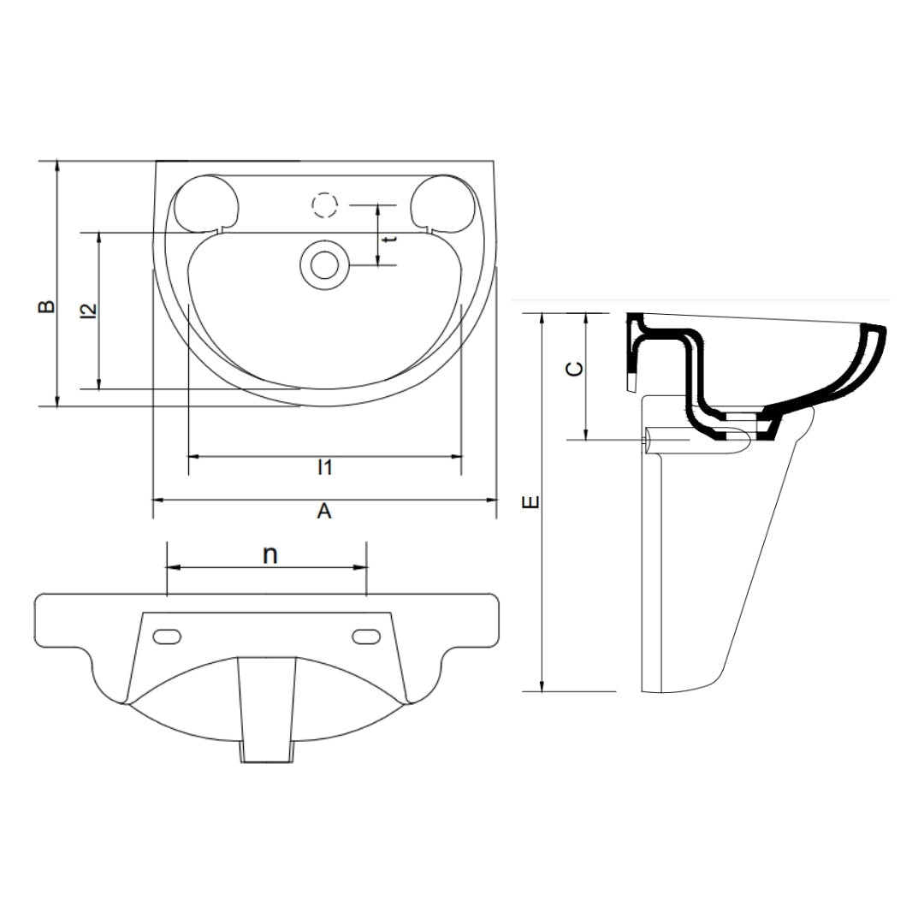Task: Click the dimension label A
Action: coord(324,511)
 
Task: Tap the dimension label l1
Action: coord(324,467)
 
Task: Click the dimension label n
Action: coord(269,554)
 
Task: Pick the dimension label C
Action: coord(576,368)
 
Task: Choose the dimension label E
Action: coord(531,502)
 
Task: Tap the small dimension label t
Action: coord(389,240)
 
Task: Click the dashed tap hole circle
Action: coord(324,206)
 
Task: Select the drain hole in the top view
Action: coord(324,264)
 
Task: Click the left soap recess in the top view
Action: coord(206,203)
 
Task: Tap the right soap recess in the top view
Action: coord(442,203)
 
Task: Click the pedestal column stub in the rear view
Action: coord(267,710)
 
